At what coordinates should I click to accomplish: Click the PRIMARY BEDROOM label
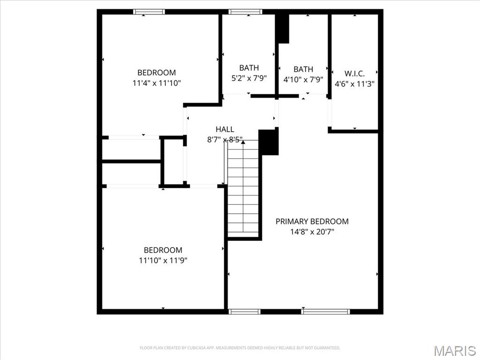312,221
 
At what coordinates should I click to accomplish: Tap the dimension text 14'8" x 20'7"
312,231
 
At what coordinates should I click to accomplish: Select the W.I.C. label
354,74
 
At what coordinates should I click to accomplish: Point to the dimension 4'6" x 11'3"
354,83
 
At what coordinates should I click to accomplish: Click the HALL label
225,129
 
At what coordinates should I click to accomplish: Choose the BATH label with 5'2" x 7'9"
249,68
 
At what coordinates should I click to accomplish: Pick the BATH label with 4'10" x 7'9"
303,69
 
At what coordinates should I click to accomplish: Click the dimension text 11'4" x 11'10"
157,83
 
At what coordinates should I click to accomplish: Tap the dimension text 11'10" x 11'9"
163,260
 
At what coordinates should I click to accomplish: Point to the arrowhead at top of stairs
243,142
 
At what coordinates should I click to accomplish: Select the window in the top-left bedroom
149,12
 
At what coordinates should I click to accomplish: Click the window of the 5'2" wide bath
246,12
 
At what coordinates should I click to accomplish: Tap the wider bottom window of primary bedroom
326,311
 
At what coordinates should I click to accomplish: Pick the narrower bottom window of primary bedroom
244,311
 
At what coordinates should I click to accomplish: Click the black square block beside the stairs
269,142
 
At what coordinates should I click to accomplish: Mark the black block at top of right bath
283,28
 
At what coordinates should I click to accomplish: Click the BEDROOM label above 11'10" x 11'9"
163,250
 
